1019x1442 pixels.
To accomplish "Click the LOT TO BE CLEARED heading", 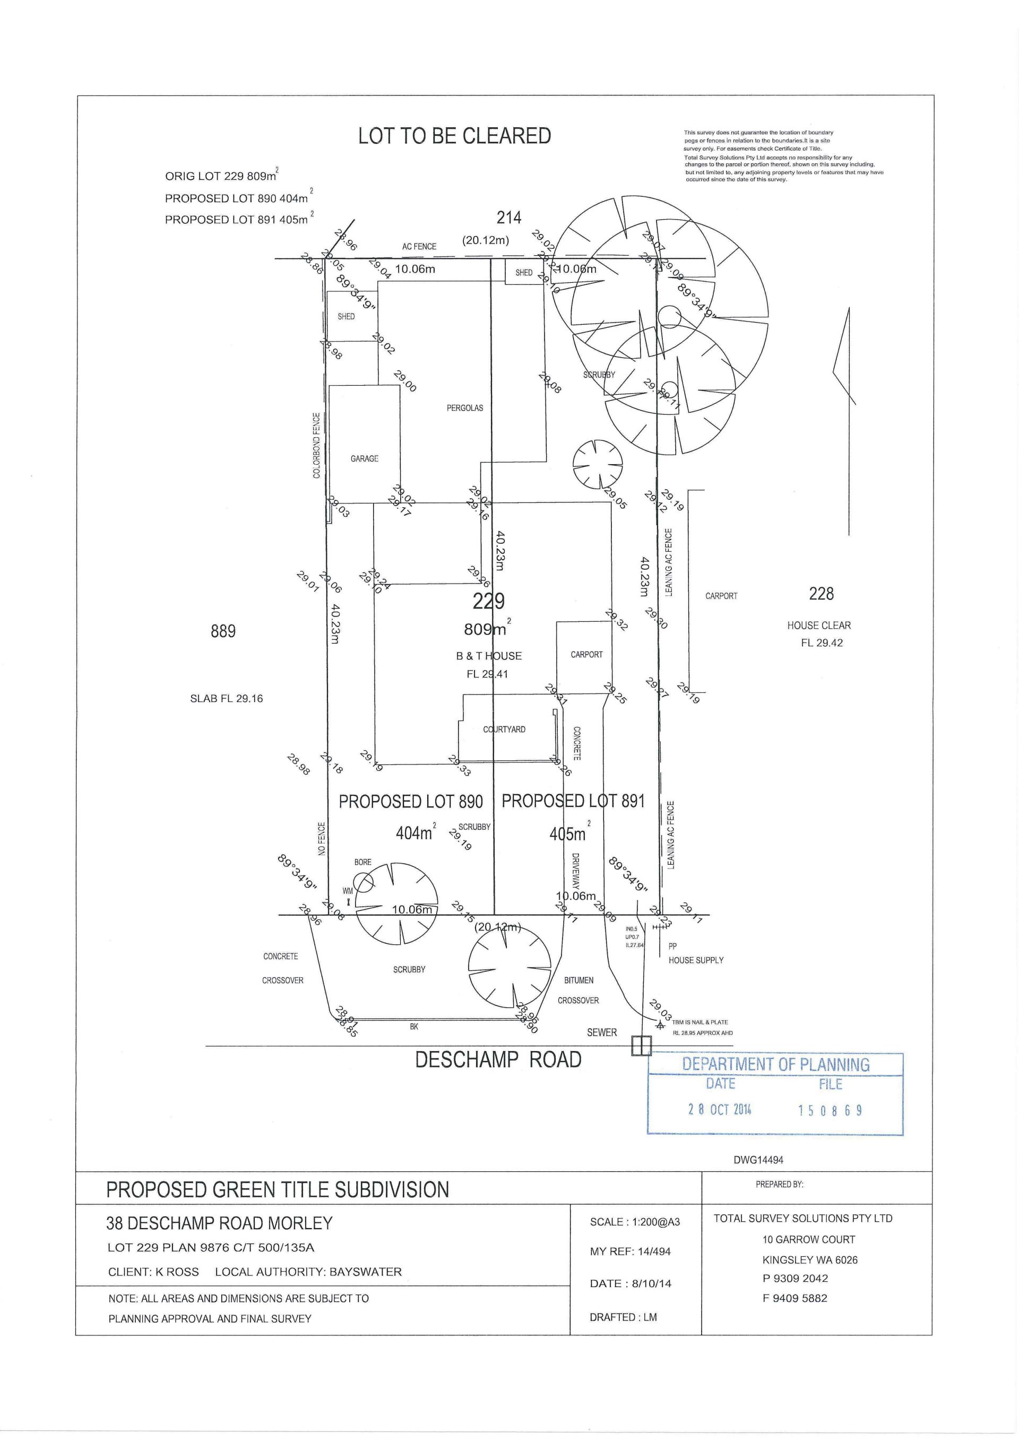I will [x=454, y=136].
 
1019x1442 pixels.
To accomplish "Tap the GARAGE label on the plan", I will [x=365, y=458].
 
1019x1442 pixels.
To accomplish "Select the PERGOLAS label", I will [x=465, y=407].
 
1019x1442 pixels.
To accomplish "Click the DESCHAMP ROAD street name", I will [x=498, y=1060].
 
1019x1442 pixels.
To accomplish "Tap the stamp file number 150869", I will [x=830, y=1110].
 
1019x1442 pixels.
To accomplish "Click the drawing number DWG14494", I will [x=758, y=1161].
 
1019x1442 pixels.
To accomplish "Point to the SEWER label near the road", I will [x=602, y=1032].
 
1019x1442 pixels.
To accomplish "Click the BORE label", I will [x=363, y=862].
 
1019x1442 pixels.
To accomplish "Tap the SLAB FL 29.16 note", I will [x=226, y=698].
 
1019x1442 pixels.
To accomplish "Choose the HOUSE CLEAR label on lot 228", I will [x=818, y=626].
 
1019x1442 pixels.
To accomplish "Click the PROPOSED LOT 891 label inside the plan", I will [x=573, y=802].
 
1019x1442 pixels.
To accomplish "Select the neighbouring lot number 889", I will [x=223, y=631].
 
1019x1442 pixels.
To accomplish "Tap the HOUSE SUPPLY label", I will [x=695, y=960].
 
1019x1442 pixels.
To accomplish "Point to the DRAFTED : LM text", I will [x=623, y=1317].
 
